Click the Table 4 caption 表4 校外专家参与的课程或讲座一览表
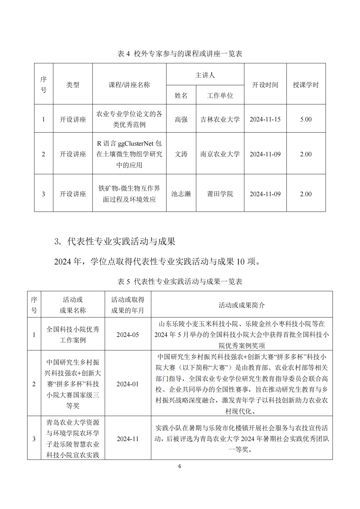180,54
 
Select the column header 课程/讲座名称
129,85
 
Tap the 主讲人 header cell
205,75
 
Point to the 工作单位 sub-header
220,95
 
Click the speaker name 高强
181,119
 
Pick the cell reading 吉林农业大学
220,119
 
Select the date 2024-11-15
265,119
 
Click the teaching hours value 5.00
306,119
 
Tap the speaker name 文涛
181,154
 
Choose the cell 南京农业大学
220,154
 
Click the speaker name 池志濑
181,194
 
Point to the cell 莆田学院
220,194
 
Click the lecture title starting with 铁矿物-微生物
129,194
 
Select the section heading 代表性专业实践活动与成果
121,241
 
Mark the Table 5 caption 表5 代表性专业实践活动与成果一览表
180,281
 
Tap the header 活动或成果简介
241,305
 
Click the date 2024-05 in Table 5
127,335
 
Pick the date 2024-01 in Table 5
127,384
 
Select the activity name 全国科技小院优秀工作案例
73,335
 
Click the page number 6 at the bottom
180,466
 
